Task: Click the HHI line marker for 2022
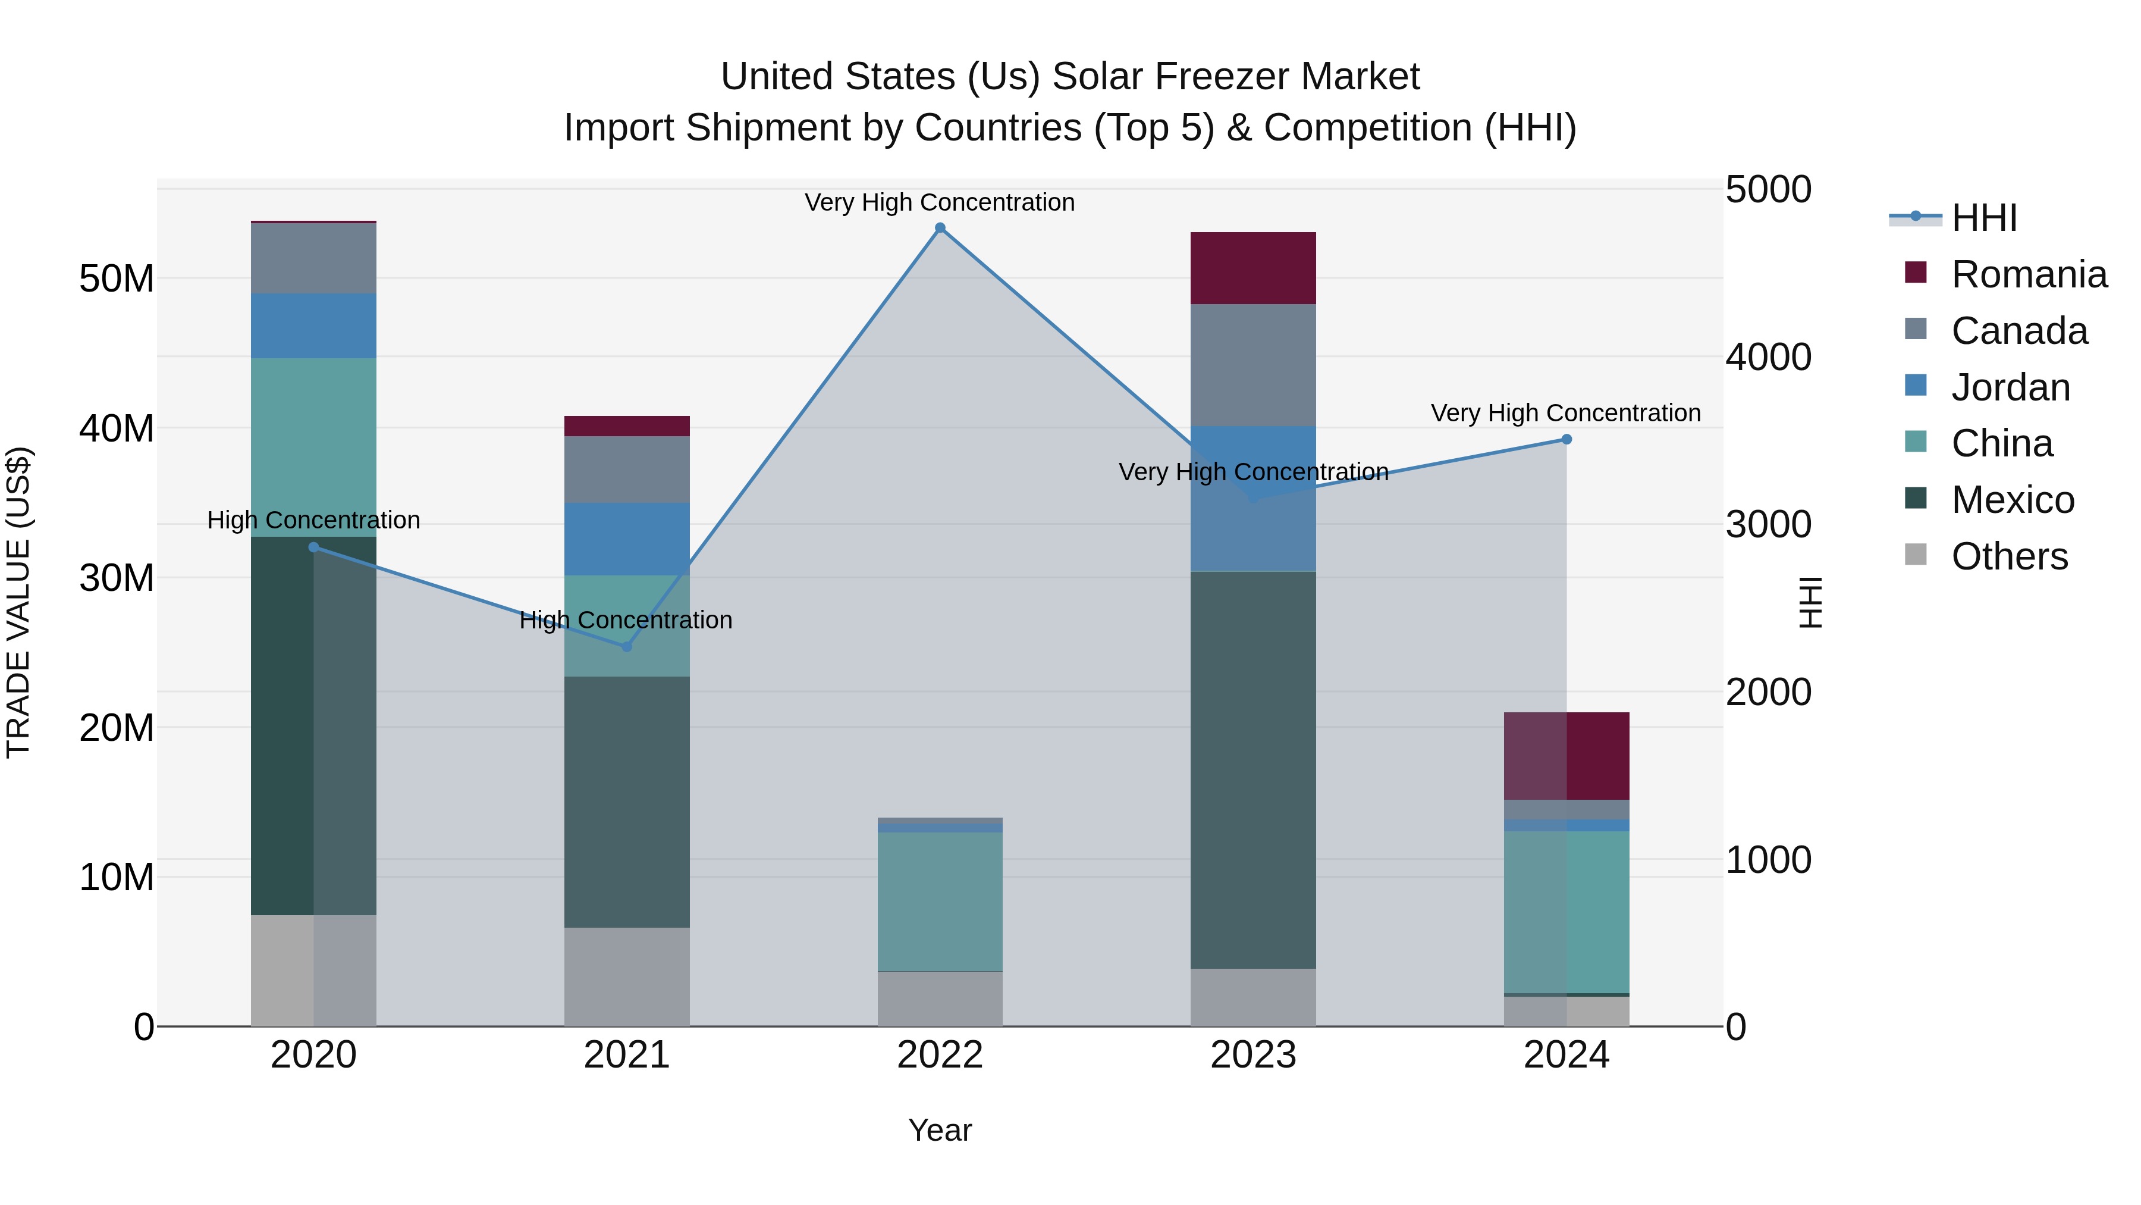point(940,228)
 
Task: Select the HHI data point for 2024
point(1566,439)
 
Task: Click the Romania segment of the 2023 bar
point(1252,268)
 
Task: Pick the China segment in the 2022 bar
point(940,901)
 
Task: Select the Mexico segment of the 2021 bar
point(627,801)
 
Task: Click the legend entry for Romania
point(2028,274)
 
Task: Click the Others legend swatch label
point(2009,556)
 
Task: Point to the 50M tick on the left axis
point(117,278)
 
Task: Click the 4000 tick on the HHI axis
point(1768,357)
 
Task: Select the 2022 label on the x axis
point(940,1055)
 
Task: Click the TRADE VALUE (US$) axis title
point(18,602)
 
